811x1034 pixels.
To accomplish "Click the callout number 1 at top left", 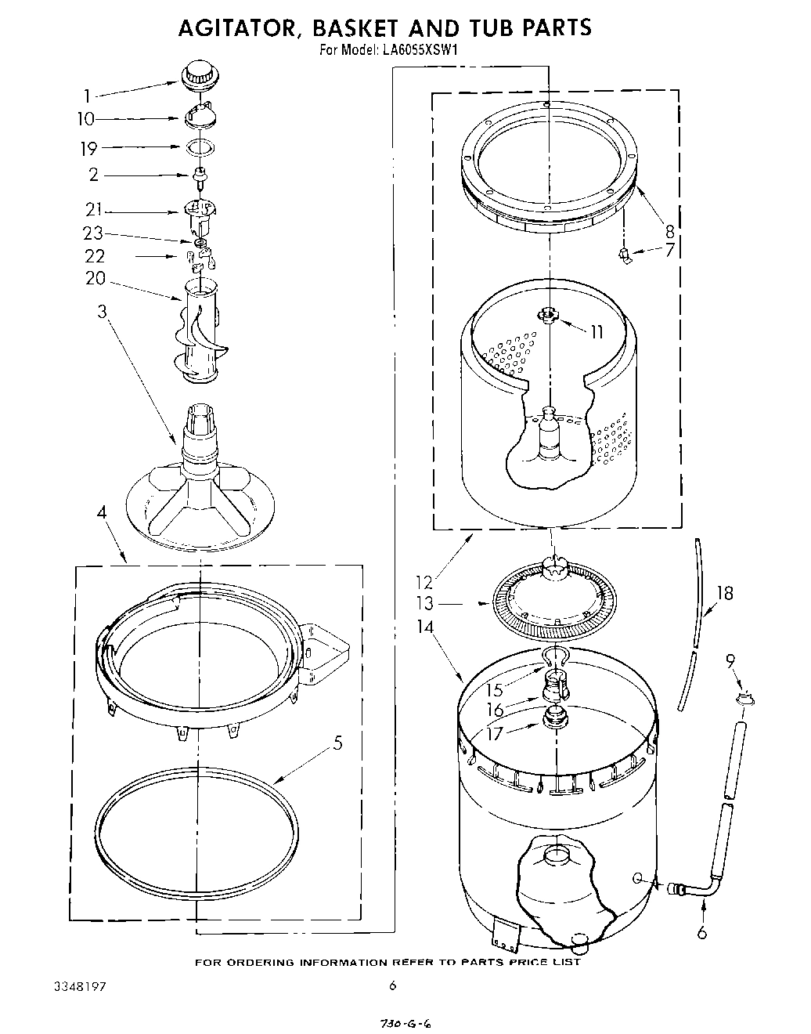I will tap(87, 96).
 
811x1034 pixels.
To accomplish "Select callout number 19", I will tap(88, 147).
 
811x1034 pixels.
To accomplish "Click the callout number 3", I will tap(102, 311).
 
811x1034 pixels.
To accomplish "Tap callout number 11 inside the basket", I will tap(596, 331).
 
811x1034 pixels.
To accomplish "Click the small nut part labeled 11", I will tap(550, 316).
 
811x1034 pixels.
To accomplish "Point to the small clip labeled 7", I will tap(625, 255).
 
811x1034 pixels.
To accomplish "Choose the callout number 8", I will tap(669, 231).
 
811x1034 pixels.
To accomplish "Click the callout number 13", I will tap(424, 604).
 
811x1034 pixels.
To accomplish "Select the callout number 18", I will tap(725, 593).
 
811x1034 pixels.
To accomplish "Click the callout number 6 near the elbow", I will tap(701, 932).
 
